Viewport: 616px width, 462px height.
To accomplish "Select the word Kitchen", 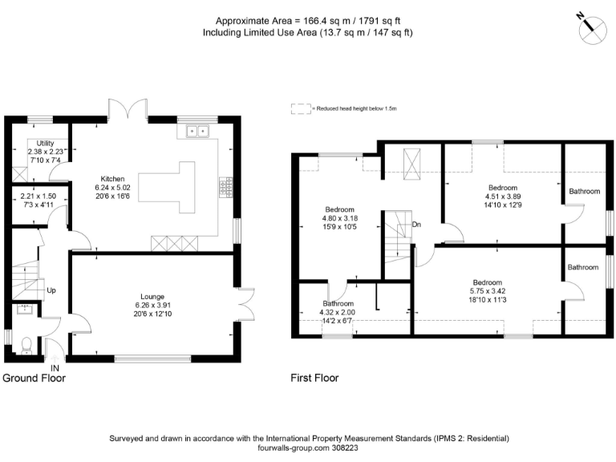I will point(112,178).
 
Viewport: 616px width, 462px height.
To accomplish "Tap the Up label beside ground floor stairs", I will point(51,290).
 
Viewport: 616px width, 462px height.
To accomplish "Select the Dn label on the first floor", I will point(416,225).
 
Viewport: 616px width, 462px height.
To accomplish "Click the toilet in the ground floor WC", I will point(26,344).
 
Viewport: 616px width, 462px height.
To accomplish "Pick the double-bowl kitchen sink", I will point(197,130).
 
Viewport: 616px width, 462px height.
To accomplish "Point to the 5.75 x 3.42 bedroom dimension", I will point(487,292).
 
